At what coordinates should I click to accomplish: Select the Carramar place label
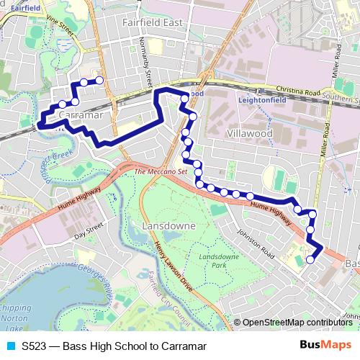coord(80,114)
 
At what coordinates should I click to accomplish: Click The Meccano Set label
coord(160,172)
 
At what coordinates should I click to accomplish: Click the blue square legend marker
coord(11,346)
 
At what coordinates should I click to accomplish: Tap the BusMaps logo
coord(326,345)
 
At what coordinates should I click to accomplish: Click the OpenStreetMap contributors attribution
coord(297,323)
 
